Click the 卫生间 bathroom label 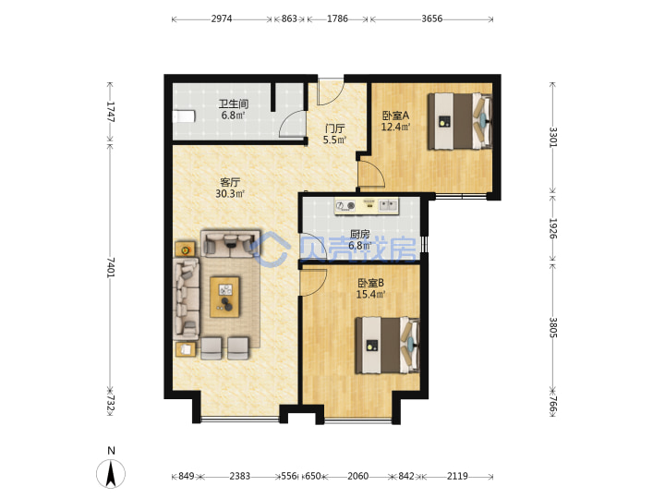click(x=234, y=103)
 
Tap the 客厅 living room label click(x=230, y=182)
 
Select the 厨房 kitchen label click(x=359, y=234)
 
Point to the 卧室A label click(x=395, y=116)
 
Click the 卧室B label click(x=370, y=283)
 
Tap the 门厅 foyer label click(x=334, y=128)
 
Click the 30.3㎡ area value click(x=230, y=194)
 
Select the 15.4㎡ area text click(x=370, y=294)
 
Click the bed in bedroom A click(x=460, y=121)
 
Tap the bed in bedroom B click(x=388, y=346)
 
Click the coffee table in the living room click(x=224, y=297)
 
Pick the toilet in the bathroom click(x=184, y=116)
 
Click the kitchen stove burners click(x=345, y=206)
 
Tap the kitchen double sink click(x=388, y=205)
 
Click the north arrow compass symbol click(x=111, y=473)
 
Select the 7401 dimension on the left click(x=110, y=267)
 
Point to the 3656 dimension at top click(x=431, y=18)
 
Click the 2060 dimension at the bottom click(x=358, y=476)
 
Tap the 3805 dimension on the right click(x=553, y=327)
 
